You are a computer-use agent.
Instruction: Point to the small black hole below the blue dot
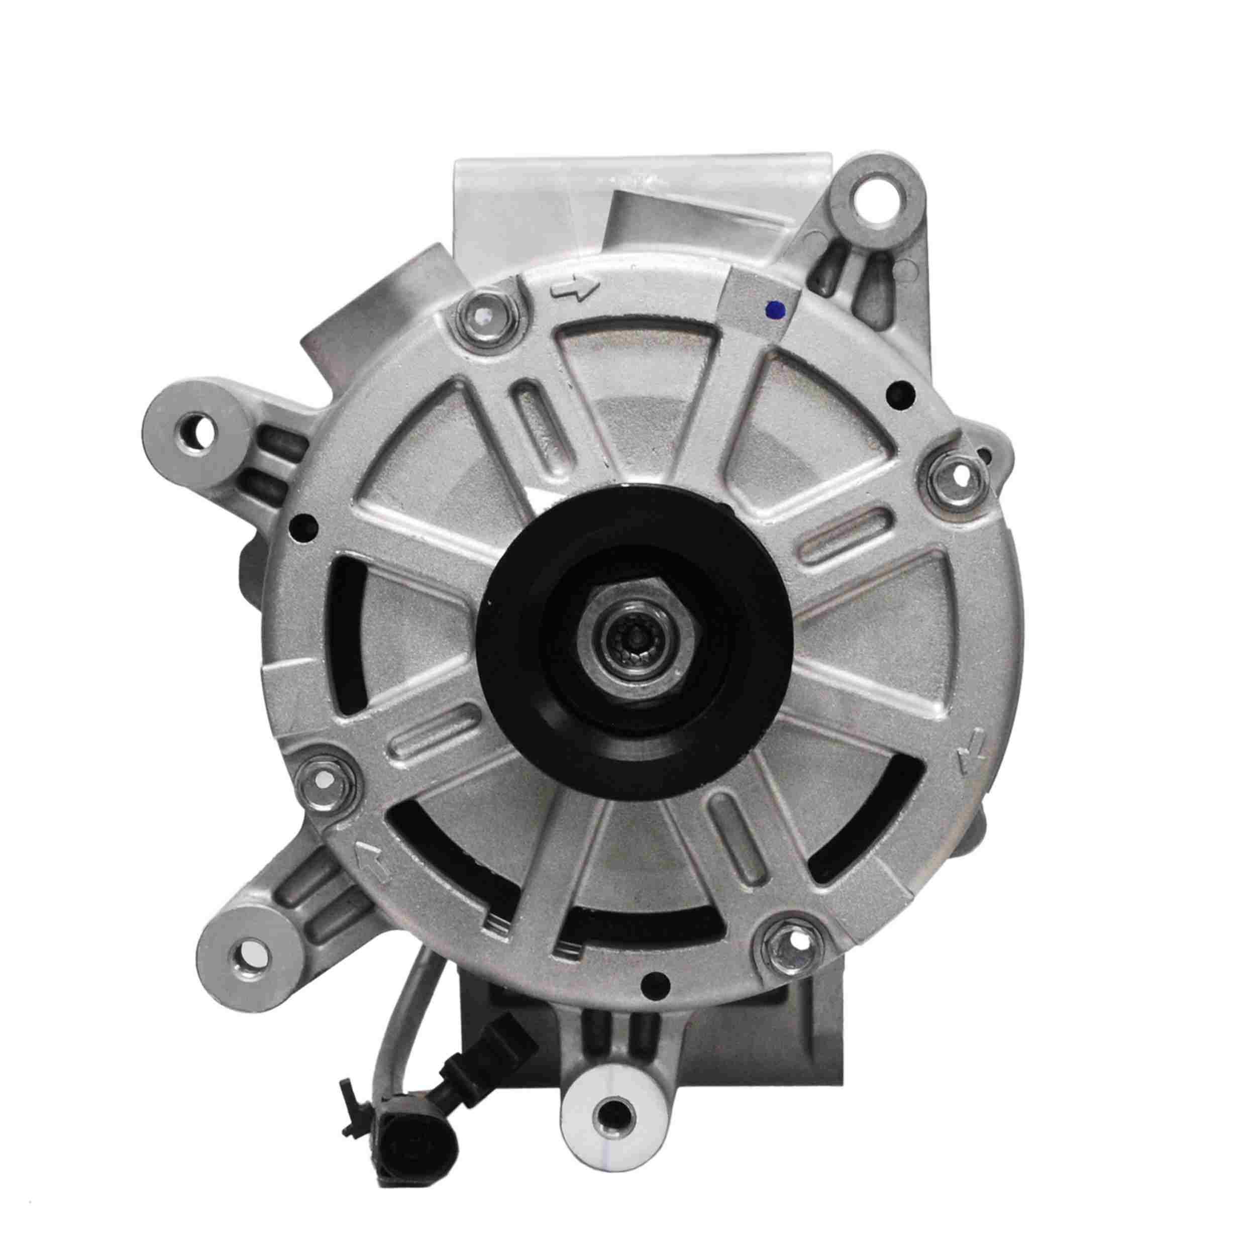click(x=901, y=391)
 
